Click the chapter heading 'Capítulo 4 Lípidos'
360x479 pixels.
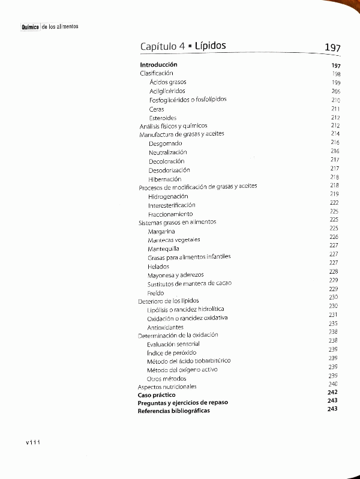point(183,46)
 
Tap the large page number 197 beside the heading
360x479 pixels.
point(332,47)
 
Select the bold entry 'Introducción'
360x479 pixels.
point(158,64)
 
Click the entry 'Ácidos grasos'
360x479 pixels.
point(168,82)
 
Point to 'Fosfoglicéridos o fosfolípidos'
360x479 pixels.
point(188,99)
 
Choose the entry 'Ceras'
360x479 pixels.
point(157,109)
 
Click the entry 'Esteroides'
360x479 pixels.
point(163,118)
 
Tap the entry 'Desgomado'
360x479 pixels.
point(166,143)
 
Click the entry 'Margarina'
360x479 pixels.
point(161,231)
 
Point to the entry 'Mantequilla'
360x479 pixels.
point(163,249)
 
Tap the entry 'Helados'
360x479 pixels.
point(158,267)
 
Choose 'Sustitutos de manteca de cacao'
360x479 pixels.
point(190,283)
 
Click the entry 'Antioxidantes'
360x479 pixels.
point(166,327)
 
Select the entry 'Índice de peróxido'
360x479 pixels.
point(172,353)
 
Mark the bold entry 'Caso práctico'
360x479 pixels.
point(157,395)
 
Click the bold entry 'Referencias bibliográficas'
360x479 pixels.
point(174,411)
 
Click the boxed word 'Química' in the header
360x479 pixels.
point(30,27)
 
